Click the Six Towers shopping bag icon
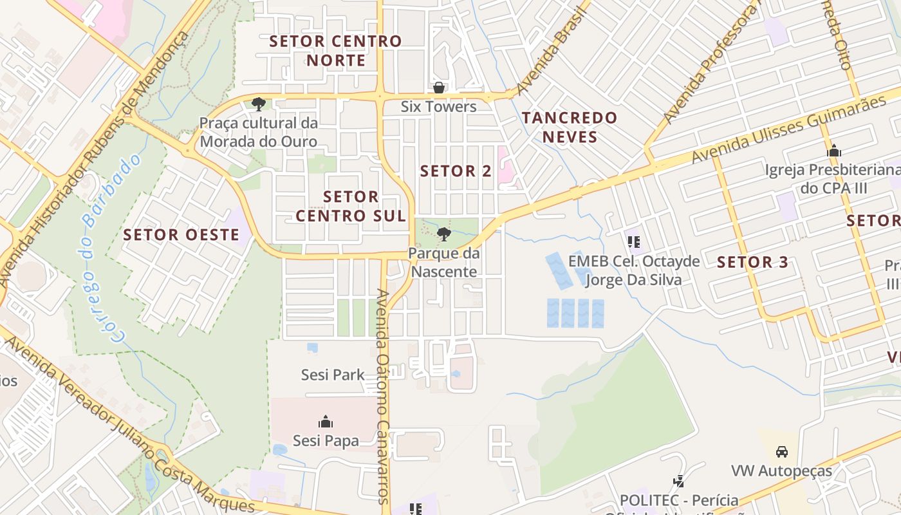coord(439,88)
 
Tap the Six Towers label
coord(439,106)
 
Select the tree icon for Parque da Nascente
coord(443,234)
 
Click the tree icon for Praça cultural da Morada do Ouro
coord(259,104)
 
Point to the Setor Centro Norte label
coord(335,51)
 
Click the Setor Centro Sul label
coord(351,206)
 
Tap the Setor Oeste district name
coord(181,234)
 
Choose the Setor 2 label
coord(456,171)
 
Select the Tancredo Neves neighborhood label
coord(570,127)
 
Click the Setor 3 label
coord(752,262)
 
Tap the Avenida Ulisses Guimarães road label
coord(788,129)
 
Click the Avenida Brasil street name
coord(553,49)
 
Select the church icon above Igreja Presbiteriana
coord(834,151)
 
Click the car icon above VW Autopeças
coord(782,451)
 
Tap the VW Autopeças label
coord(781,471)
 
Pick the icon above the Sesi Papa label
coord(326,422)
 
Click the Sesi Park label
coord(333,375)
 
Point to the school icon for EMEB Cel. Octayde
coord(633,242)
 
